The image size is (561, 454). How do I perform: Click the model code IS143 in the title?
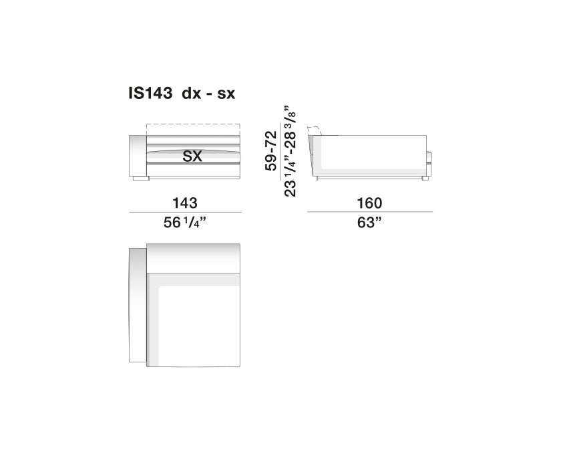(150, 94)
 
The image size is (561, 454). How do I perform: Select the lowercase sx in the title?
(226, 94)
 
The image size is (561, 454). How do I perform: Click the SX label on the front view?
(192, 156)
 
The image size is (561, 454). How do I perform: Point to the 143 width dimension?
(185, 203)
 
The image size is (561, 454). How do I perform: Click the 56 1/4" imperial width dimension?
(185, 223)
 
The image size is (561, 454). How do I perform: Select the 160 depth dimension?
(369, 203)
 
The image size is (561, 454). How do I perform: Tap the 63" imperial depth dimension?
(369, 223)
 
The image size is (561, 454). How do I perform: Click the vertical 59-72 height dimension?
(271, 150)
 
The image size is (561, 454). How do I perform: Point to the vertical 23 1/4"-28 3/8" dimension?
(290, 150)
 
